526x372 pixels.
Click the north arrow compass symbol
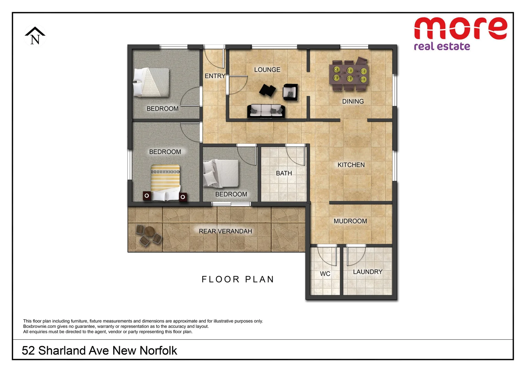tap(35, 36)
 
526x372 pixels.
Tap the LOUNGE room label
tap(267, 70)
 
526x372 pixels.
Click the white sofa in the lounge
tap(266, 111)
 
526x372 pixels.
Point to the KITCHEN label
tap(351, 165)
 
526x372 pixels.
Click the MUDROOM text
tap(350, 221)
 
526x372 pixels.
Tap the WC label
tap(325, 274)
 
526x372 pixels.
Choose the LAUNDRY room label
tap(368, 272)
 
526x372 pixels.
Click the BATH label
tap(284, 173)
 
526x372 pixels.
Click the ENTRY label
tap(215, 76)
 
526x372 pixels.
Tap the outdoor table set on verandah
tap(149, 235)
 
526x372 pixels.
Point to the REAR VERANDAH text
tap(225, 231)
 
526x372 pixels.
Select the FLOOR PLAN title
tap(238, 279)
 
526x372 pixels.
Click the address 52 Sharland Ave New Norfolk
tap(99, 351)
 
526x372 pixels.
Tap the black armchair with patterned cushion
tap(290, 92)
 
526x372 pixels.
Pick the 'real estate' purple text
tap(442, 46)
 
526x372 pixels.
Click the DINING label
tap(353, 101)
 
